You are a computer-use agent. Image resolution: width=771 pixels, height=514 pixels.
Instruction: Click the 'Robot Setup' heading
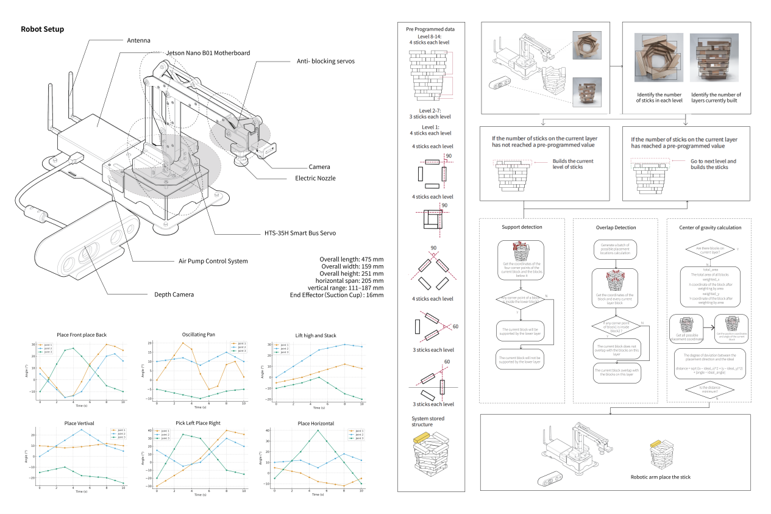pyautogui.click(x=42, y=29)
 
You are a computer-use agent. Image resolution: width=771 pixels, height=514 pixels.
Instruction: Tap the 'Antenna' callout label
pyautogui.click(x=138, y=40)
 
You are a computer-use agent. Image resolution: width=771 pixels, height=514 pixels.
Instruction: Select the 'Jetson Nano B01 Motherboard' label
pyautogui.click(x=208, y=53)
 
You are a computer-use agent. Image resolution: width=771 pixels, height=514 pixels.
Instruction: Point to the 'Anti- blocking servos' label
pyautogui.click(x=325, y=61)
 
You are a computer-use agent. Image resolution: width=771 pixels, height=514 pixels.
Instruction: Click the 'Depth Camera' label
pyautogui.click(x=174, y=294)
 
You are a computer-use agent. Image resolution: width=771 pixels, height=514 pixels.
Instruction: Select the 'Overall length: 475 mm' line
pyautogui.click(x=352, y=259)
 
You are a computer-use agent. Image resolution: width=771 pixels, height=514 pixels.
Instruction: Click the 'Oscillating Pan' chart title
pyautogui.click(x=198, y=335)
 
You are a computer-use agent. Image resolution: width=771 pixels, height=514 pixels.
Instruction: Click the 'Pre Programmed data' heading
pyautogui.click(x=430, y=29)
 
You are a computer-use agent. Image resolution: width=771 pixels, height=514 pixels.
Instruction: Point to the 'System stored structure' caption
pyautogui.click(x=429, y=422)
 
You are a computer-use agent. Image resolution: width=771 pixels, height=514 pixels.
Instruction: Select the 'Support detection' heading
pyautogui.click(x=522, y=227)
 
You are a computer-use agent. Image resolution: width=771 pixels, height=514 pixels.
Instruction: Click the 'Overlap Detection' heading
pyautogui.click(x=616, y=227)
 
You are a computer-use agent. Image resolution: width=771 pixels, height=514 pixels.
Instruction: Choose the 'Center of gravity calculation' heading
pyautogui.click(x=710, y=227)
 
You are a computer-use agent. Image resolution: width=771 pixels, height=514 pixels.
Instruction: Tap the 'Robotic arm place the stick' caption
pyautogui.click(x=661, y=477)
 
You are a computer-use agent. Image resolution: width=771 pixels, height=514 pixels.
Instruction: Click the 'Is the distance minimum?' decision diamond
pyautogui.click(x=709, y=388)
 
